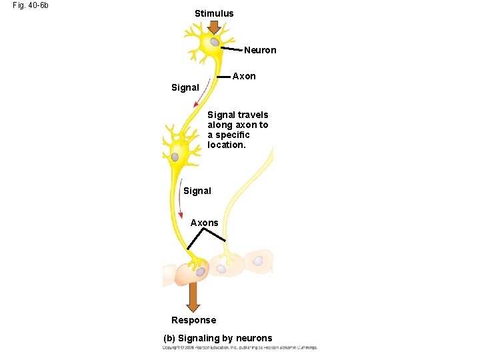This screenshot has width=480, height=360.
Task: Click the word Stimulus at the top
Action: coord(214,13)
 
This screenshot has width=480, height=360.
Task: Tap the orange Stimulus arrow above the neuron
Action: coord(214,27)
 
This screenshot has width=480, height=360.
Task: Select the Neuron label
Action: coord(260,50)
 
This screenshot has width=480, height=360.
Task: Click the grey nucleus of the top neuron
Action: coord(215,43)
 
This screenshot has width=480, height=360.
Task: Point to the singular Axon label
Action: coord(244,76)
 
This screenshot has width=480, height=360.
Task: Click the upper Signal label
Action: coord(185,87)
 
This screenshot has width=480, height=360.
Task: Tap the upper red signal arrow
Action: coord(202,93)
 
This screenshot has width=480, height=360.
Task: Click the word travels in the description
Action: coord(253,115)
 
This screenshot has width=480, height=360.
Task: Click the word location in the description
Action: coord(226,145)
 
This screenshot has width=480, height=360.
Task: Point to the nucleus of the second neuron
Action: coord(175,157)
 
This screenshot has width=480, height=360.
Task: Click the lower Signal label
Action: coord(197,191)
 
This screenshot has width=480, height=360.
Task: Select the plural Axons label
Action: coord(205,223)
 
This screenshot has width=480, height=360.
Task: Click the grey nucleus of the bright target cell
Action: coord(200,271)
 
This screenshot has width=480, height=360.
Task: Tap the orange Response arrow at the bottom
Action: coord(193,297)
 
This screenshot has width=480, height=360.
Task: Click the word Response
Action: coord(193,320)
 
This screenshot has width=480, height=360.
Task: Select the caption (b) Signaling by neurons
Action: coord(218,338)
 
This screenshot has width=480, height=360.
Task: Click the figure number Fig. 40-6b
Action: coord(31,5)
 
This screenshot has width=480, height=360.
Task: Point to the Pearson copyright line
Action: coord(240,347)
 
